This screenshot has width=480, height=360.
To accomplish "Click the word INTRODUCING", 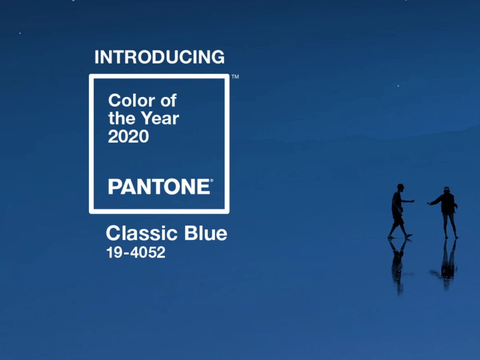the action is point(160,57).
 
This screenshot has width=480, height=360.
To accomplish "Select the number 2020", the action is point(128,136).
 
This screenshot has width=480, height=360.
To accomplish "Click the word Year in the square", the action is point(160,118).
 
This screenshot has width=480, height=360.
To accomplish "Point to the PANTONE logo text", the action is point(159,186).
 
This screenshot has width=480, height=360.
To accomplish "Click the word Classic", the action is point(142,233).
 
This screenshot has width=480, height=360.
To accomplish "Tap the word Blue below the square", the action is point(206,233).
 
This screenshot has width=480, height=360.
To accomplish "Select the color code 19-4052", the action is point(136,252).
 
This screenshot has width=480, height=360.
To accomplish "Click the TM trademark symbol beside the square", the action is point(235,77).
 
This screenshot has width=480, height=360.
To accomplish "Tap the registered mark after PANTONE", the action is point(212,180).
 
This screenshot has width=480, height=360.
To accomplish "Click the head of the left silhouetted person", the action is point(400,187).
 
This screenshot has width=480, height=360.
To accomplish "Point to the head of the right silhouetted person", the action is point(446,190).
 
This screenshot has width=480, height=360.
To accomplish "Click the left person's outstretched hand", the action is point(412,201).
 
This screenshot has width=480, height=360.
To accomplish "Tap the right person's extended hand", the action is point(429,204).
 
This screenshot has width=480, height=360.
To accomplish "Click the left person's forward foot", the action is point(409,236).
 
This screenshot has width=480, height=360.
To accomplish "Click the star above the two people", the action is point(398,86).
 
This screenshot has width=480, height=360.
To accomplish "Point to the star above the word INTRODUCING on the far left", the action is point(20,33).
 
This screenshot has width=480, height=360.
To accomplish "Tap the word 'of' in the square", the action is point(168,100).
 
